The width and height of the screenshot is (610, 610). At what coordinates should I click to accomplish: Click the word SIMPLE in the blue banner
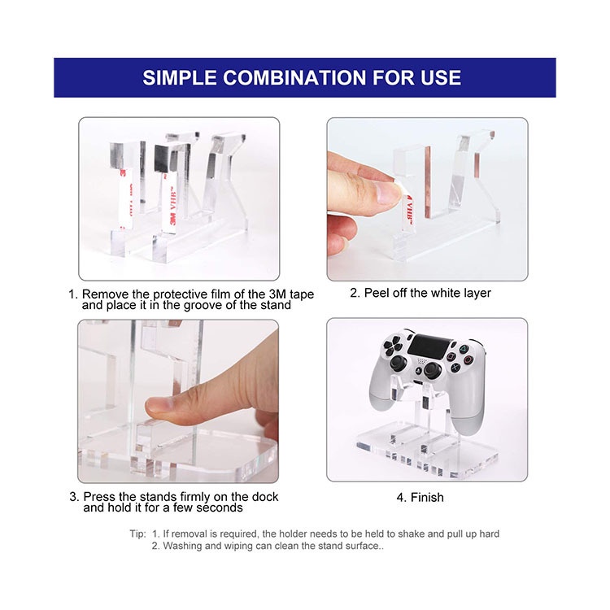tap(180, 78)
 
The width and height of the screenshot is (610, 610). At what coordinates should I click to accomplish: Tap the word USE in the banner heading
tap(440, 78)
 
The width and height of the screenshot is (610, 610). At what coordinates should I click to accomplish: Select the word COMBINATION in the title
tap(294, 78)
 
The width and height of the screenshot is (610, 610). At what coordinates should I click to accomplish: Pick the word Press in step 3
tap(99, 497)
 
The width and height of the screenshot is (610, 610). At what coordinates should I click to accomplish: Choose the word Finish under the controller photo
tap(427, 497)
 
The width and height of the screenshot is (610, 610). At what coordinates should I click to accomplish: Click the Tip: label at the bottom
tap(137, 534)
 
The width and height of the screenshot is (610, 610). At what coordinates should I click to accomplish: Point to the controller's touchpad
tap(429, 346)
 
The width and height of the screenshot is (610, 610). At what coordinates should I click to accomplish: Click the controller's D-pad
tap(393, 346)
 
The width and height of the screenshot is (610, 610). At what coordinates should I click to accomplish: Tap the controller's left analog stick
tap(399, 363)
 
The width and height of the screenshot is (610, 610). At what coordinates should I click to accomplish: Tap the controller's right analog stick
tap(433, 370)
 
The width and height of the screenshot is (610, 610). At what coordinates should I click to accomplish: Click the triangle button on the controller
tap(464, 350)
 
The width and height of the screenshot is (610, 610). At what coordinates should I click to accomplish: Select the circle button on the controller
tap(468, 359)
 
